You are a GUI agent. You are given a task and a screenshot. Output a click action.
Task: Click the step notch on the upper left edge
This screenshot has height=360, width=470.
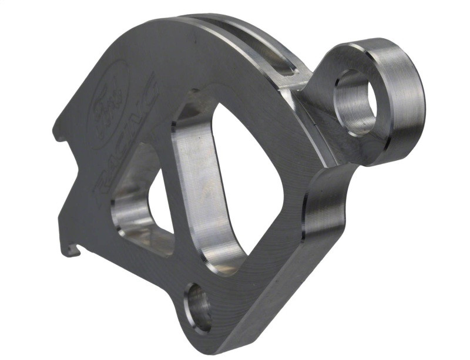(x=59, y=135)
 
